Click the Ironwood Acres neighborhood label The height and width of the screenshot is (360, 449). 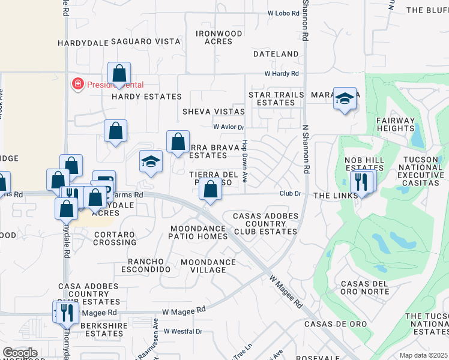point(218,37)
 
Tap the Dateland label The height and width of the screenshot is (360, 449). point(276,54)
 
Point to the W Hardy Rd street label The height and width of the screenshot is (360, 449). point(282,74)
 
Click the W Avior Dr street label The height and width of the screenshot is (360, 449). point(229,127)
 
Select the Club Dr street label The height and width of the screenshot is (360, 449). point(289,193)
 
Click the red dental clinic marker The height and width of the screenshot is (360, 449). point(77,84)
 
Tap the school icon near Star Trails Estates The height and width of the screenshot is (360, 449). point(345,100)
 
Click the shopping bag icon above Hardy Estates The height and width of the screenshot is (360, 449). point(119,74)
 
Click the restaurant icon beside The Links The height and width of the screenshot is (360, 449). point(361,182)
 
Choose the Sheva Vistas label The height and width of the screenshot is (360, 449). point(214,112)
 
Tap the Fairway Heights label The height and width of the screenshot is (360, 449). point(396,124)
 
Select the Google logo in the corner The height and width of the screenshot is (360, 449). point(20,353)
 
